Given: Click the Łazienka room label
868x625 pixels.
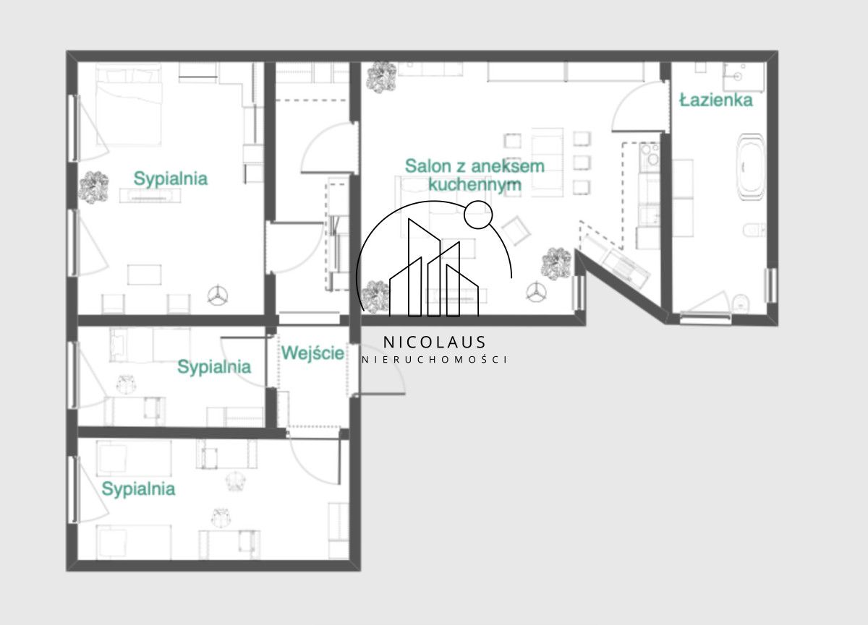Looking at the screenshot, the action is tap(716, 100).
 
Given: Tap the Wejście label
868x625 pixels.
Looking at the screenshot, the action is tap(312, 353).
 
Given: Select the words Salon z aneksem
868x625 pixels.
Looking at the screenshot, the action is tap(475, 166).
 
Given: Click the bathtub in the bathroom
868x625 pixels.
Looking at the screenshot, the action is tap(751, 167).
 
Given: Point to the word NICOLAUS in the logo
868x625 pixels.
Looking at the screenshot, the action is tap(434, 342).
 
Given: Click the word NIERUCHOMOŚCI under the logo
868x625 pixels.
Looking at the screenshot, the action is tap(434, 360).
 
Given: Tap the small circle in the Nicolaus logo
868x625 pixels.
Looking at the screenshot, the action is tap(478, 215).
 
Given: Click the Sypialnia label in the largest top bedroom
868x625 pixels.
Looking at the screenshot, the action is tap(171, 178).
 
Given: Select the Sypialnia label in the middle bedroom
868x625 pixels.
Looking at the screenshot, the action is tap(214, 366).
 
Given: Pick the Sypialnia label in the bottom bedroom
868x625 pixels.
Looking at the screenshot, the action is tap(138, 488).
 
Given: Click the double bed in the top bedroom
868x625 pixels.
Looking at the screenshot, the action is tap(129, 105).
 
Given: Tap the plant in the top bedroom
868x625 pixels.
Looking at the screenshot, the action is tap(93, 188).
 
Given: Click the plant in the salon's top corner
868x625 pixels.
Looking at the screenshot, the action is tap(382, 77).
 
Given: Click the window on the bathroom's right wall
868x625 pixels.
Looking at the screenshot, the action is tap(770, 285).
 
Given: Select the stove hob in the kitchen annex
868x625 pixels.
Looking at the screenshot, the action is tap(650, 157).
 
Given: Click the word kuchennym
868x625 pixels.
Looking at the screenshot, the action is tap(475, 184).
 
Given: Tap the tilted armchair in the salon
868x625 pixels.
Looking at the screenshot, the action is tap(516, 230).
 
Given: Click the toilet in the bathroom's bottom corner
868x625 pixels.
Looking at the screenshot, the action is tap(741, 303).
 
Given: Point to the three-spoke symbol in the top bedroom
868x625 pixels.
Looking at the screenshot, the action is tap(218, 296).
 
